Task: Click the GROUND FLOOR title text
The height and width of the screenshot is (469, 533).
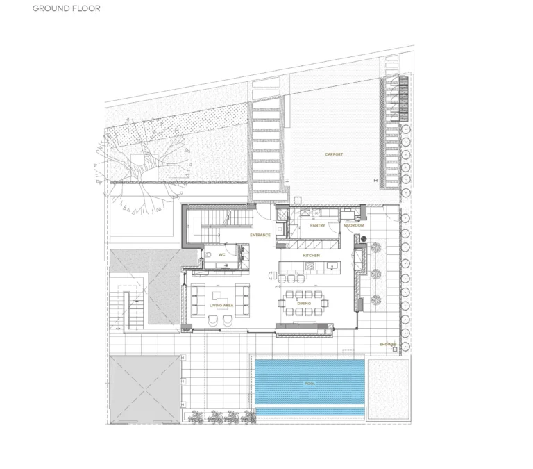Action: coord(66,9)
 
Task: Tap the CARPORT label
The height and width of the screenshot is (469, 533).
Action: coord(334,154)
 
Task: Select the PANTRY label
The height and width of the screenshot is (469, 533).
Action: coord(317,225)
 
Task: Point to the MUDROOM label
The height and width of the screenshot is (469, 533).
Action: coord(354,225)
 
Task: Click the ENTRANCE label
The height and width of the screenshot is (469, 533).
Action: coord(260,235)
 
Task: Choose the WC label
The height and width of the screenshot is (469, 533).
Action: coord(221,255)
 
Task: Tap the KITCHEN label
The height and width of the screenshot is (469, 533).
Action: coord(311,256)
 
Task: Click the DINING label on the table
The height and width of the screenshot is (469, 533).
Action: coord(304,304)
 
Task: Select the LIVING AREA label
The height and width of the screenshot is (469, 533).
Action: coord(222,306)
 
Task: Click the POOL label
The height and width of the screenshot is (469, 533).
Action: coord(310,384)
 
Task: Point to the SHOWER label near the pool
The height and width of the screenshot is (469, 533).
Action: coord(387,344)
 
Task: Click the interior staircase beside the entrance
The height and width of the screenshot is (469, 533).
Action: coord(219,222)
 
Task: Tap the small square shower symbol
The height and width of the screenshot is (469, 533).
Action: coord(394,349)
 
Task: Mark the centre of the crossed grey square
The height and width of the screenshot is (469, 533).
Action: coord(144,389)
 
